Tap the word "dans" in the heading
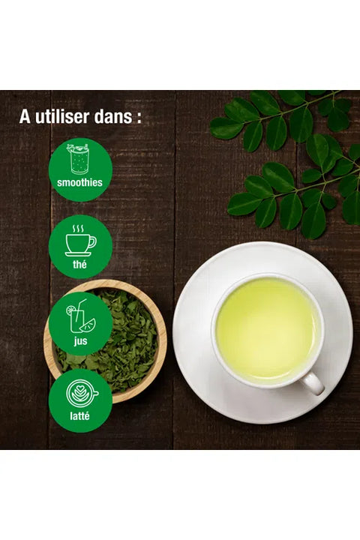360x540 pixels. [x=112, y=116]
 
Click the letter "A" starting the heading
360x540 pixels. [x=25, y=116]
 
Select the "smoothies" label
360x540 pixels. [x=79, y=182]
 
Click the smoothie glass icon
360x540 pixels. [x=80, y=159]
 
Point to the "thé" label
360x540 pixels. [x=79, y=264]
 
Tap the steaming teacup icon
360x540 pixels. [x=80, y=241]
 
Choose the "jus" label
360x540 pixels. [x=80, y=341]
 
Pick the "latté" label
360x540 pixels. [x=79, y=416]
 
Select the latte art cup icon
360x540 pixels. [x=82, y=394]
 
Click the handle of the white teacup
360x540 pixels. [x=313, y=383]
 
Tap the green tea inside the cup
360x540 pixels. [x=267, y=328]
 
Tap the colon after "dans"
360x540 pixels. [x=139, y=118]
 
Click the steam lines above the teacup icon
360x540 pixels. [x=78, y=229]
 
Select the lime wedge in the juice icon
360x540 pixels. [x=88, y=325]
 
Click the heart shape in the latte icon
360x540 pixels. [x=79, y=390]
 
